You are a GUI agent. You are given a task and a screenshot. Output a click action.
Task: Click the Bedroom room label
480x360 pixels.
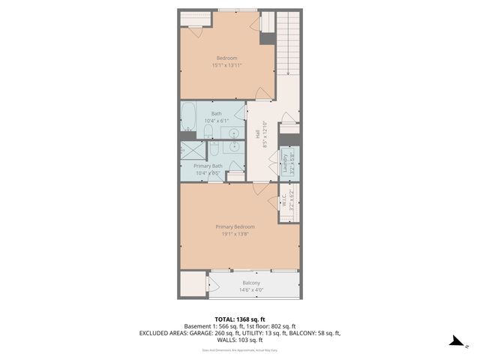point(226,58)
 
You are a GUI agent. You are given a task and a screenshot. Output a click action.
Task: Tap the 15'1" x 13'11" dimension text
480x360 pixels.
point(226,66)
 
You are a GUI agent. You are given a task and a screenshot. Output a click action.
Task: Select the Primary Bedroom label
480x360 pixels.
point(235,226)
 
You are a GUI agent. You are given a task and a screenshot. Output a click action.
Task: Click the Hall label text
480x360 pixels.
point(257,133)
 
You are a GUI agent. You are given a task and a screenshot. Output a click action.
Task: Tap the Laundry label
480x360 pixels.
point(285,162)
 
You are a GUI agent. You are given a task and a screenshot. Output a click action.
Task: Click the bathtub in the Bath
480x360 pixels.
point(189,118)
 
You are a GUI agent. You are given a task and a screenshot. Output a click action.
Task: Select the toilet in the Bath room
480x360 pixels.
point(209,133)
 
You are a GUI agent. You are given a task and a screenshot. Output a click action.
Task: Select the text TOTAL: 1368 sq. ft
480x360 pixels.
point(239,319)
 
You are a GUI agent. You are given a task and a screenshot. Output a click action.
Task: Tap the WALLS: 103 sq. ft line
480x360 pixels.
point(239,340)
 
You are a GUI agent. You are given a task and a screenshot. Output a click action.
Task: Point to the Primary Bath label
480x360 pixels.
point(208,166)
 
